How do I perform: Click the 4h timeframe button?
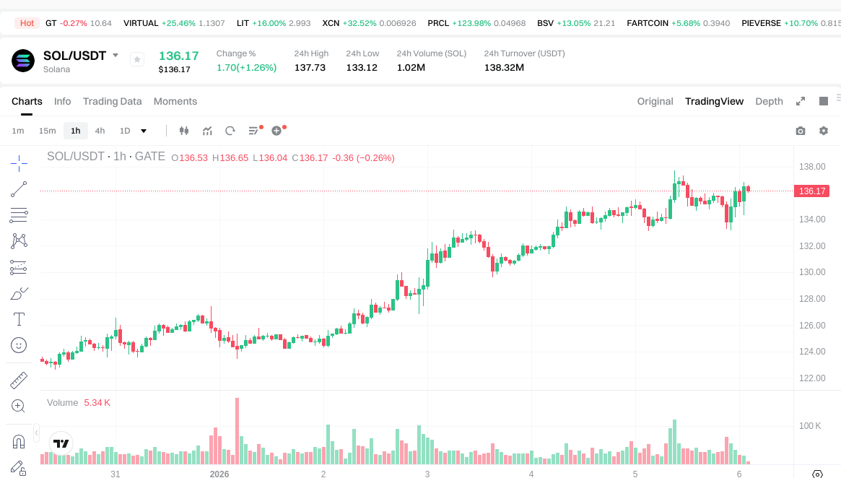click(x=100, y=131)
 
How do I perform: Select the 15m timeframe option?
click(x=48, y=131)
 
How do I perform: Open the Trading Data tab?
click(x=112, y=101)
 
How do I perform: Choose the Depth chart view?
click(x=769, y=101)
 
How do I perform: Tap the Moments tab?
click(x=175, y=101)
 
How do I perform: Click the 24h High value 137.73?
click(x=310, y=67)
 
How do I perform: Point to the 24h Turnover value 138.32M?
click(x=504, y=67)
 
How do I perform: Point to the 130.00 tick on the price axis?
click(x=812, y=272)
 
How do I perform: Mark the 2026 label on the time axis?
click(x=219, y=474)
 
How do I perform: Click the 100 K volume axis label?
click(x=809, y=426)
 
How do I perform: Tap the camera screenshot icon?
click(x=801, y=131)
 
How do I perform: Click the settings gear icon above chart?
click(x=824, y=131)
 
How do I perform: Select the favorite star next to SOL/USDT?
click(x=137, y=59)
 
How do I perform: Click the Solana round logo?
click(x=23, y=61)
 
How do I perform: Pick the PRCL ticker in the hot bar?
click(x=438, y=23)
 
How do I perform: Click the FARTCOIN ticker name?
click(x=647, y=23)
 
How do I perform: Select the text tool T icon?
click(x=19, y=319)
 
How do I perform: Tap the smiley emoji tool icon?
click(x=19, y=345)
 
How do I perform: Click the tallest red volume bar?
click(x=236, y=431)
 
